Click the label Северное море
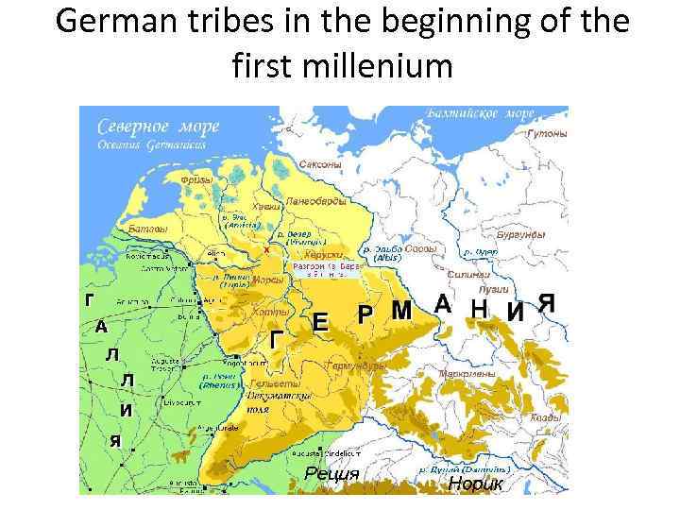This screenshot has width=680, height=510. tap(149, 126)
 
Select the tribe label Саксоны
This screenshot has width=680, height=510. tap(319, 164)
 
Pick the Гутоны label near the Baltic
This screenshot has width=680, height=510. tap(547, 134)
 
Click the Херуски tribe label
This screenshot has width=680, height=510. tap(324, 254)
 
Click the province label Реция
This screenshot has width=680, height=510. tap(331, 474)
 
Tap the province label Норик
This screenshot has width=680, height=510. tap(477, 484)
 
